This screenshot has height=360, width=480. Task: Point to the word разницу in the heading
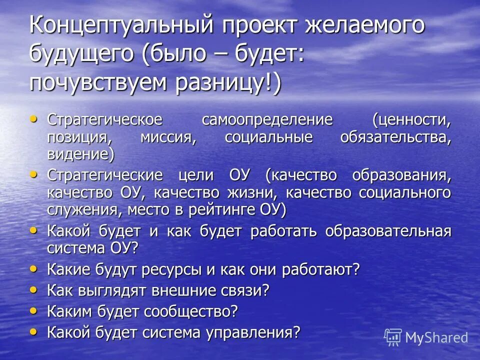tap(222, 81)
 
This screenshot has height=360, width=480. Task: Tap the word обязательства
tap(395, 137)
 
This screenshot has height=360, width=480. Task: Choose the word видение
tap(80, 153)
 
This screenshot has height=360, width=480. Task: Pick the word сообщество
tap(190, 311)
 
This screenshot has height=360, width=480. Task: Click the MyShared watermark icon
tap(393, 336)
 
